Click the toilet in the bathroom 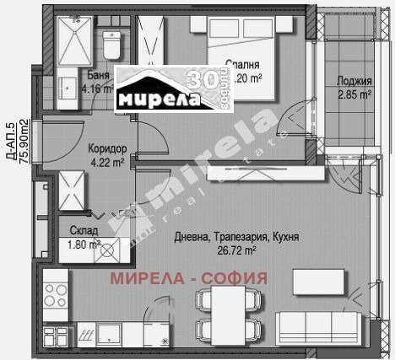click(x=109, y=46)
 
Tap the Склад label click(x=84, y=231)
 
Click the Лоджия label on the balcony click(x=354, y=82)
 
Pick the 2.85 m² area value click(x=354, y=94)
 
